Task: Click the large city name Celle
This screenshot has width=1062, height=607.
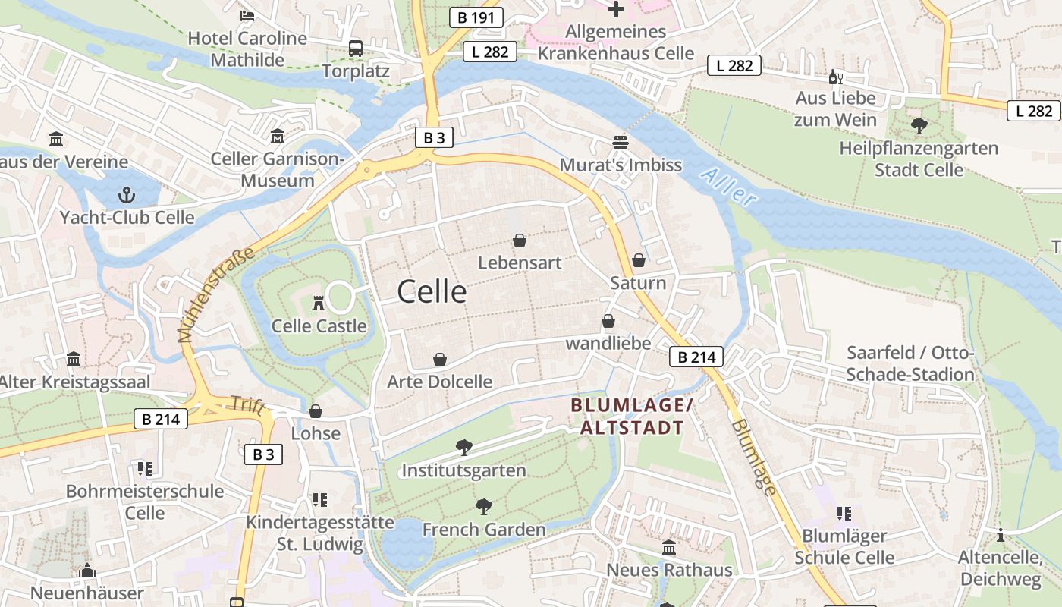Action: pos(432,291)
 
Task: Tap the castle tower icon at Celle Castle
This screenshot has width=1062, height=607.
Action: pos(319,303)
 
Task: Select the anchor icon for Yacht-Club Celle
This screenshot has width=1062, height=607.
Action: pos(127,195)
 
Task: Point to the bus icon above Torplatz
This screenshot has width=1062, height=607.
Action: pos(355,49)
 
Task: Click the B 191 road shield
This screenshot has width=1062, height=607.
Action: pos(476,17)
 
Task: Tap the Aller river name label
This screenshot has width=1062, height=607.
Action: pos(729,187)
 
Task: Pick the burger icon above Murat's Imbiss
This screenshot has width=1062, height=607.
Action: pos(621,143)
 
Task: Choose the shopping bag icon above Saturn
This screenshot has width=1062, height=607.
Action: pos(639,260)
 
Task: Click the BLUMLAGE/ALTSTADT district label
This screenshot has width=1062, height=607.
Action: pos(632,417)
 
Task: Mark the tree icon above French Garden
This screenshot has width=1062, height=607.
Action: pos(483,507)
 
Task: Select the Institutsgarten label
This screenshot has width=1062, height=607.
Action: pos(463,470)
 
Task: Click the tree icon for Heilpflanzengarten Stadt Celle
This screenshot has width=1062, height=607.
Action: pos(919,125)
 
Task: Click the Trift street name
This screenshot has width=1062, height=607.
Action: pos(250,406)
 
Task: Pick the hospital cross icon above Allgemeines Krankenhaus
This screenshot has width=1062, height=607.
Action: pos(616,9)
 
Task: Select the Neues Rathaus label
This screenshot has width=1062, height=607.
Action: pos(669,570)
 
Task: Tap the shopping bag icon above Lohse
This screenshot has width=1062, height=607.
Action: pos(316,411)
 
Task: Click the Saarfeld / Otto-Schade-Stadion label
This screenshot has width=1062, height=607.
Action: pos(910,364)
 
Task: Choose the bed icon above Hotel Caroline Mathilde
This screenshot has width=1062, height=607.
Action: pos(247,15)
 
